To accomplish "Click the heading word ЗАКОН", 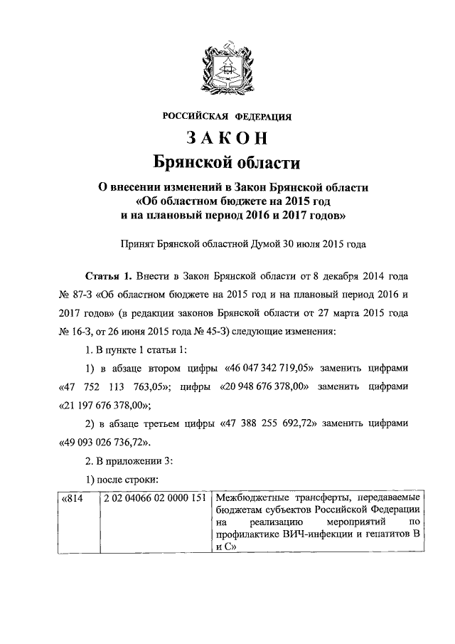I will [x=227, y=138].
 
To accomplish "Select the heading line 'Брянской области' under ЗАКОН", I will [x=227, y=163].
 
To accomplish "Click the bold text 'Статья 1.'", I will [x=109, y=275].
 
